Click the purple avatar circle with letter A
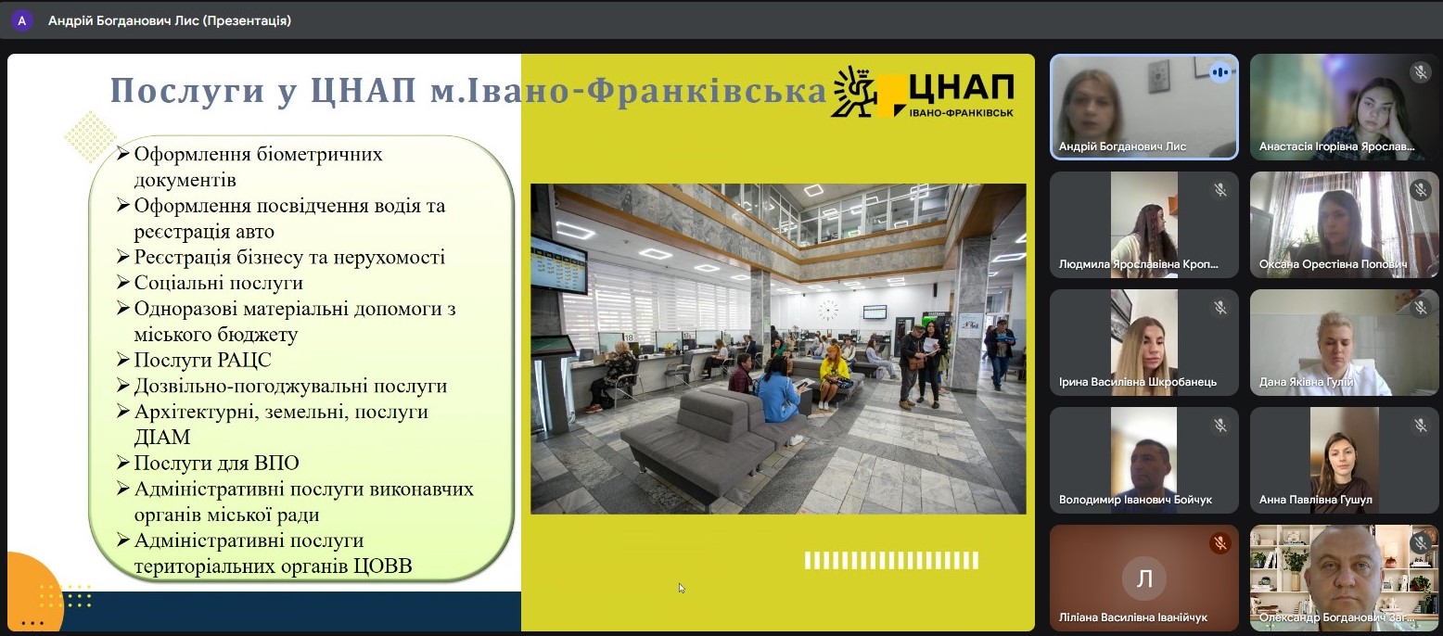click(x=22, y=20)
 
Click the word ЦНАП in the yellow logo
click(x=961, y=88)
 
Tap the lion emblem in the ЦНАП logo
click(x=853, y=92)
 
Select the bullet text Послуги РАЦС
click(x=202, y=360)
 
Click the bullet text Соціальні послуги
click(x=218, y=283)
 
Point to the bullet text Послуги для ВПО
click(x=216, y=463)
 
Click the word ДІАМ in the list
click(x=162, y=437)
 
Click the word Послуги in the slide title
click(x=187, y=90)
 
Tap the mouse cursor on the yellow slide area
click(x=682, y=588)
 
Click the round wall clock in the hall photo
click(x=828, y=310)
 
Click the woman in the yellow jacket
click(x=833, y=376)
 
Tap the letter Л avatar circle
click(x=1144, y=579)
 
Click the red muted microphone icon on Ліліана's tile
click(x=1220, y=544)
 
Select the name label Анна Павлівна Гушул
click(x=1315, y=500)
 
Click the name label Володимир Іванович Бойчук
click(x=1135, y=500)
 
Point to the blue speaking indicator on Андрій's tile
click(x=1220, y=72)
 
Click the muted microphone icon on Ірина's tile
click(x=1220, y=308)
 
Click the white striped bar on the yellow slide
click(x=891, y=561)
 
